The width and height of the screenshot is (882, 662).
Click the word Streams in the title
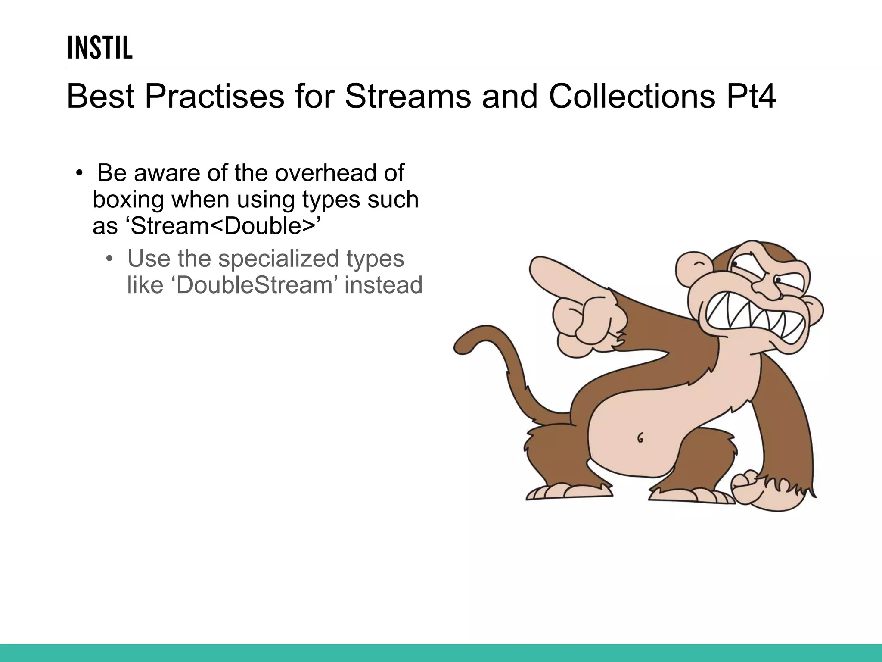[x=407, y=96]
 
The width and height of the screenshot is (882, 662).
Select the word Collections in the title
[x=632, y=96]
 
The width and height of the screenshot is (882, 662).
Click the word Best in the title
[x=100, y=96]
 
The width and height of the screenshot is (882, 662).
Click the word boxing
[x=128, y=200]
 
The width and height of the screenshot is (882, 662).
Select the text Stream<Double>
[x=223, y=226]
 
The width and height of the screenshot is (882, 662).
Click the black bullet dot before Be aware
[x=79, y=173]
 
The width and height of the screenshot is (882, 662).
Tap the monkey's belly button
[x=640, y=438]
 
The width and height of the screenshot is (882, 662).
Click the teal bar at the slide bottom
[x=441, y=653]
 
